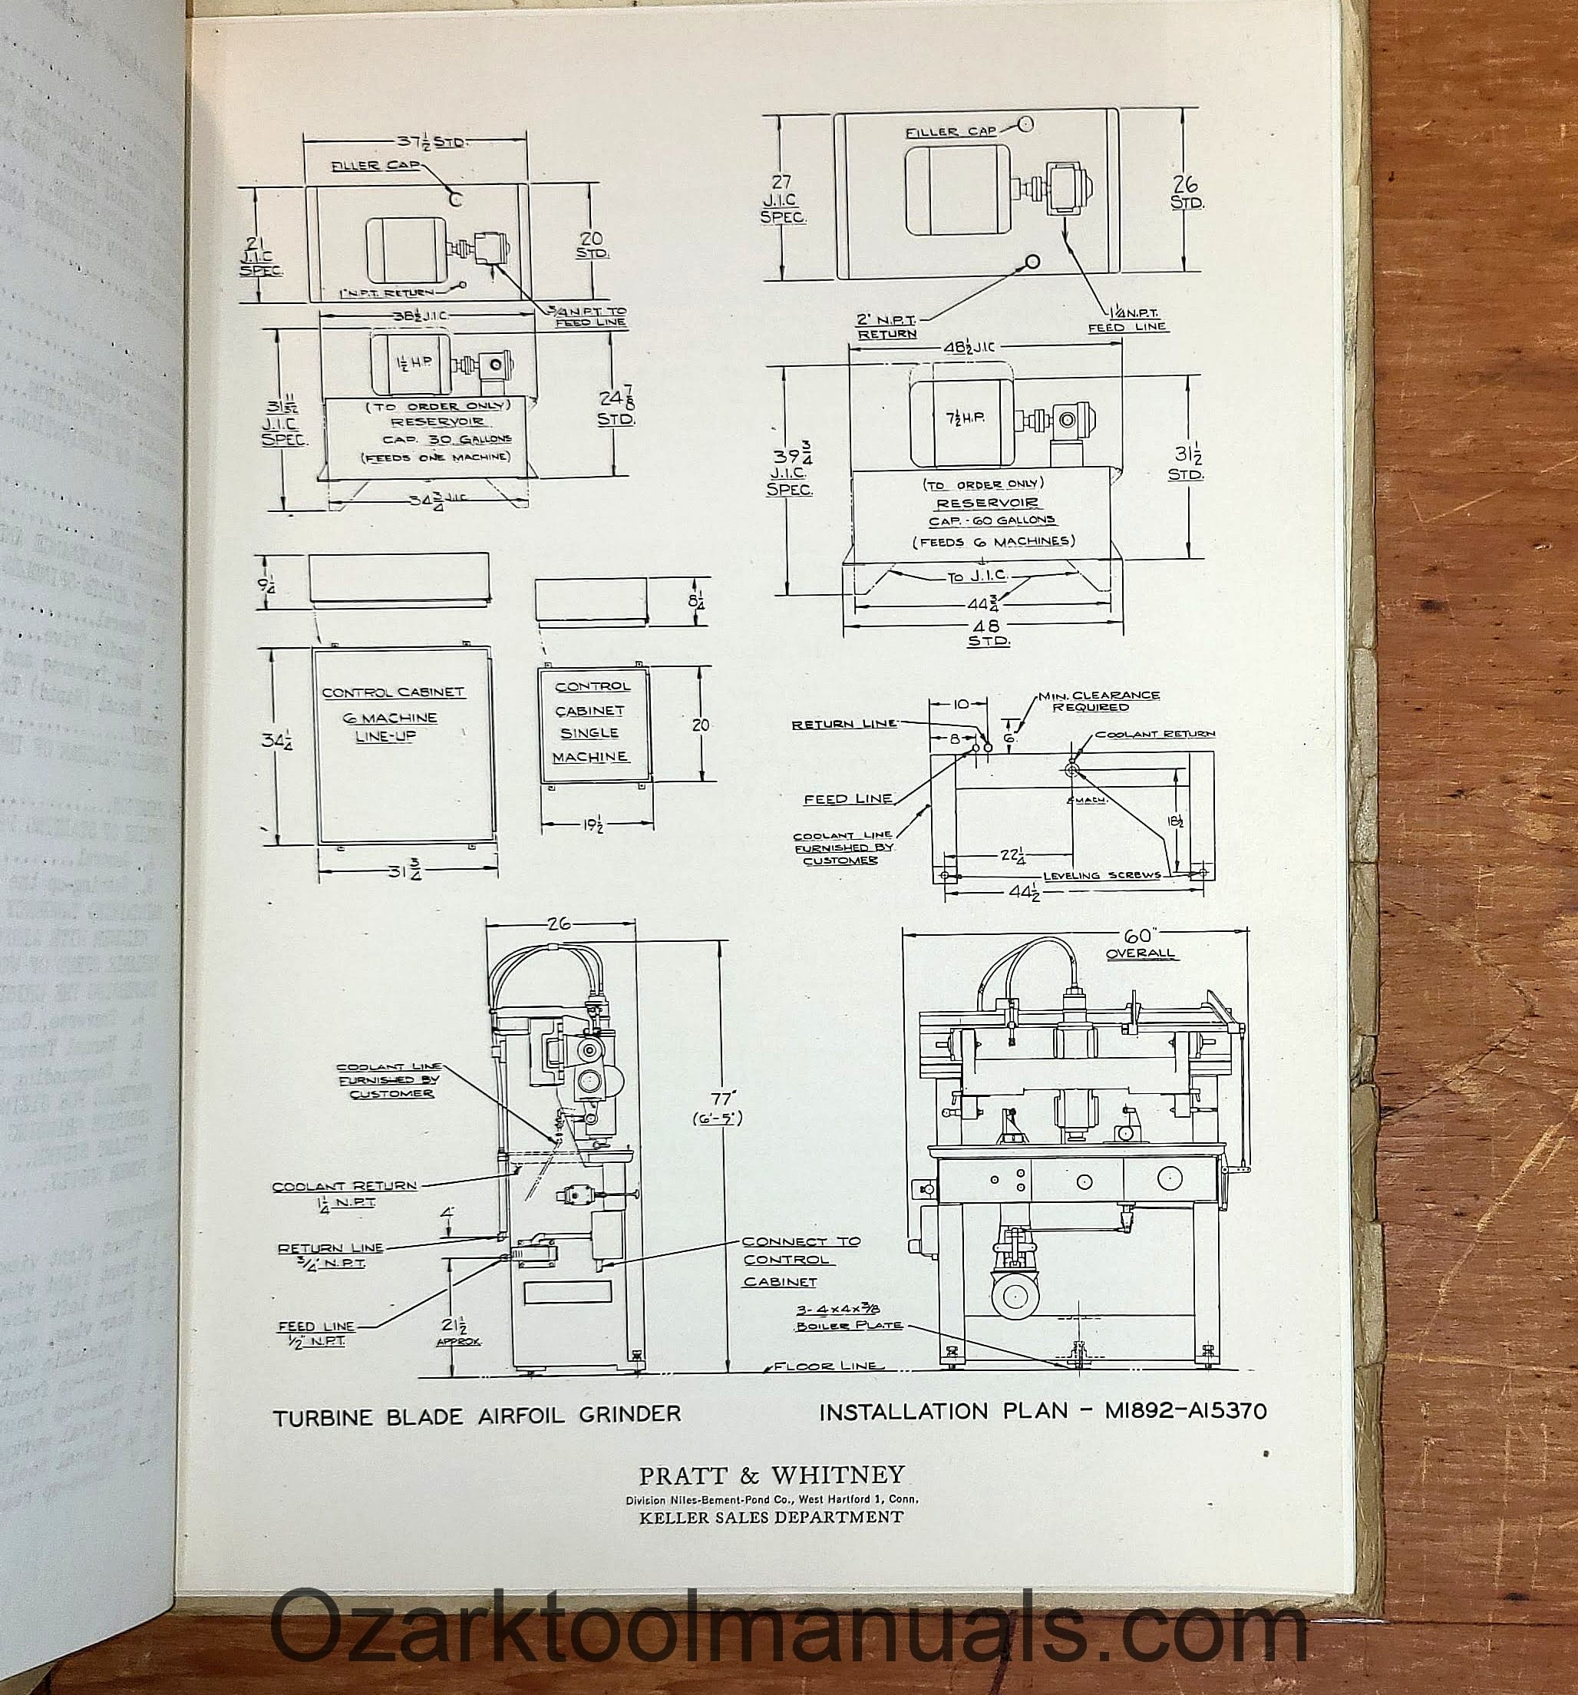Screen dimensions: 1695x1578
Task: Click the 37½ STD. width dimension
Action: coord(431,140)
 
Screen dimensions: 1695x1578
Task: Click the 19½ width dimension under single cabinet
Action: coord(595,824)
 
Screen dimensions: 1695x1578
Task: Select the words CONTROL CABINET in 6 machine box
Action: coord(393,692)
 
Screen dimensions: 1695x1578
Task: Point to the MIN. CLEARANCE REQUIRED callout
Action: coord(1099,701)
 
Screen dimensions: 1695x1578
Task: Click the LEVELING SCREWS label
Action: coord(1101,875)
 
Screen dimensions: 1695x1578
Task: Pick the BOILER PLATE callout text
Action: coord(847,1325)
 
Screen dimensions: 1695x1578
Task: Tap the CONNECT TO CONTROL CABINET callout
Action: coord(800,1261)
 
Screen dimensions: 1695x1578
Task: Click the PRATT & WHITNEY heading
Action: coord(771,1475)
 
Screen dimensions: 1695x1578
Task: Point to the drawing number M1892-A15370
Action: coord(1185,1411)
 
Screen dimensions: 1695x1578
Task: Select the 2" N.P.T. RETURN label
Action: coord(886,326)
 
